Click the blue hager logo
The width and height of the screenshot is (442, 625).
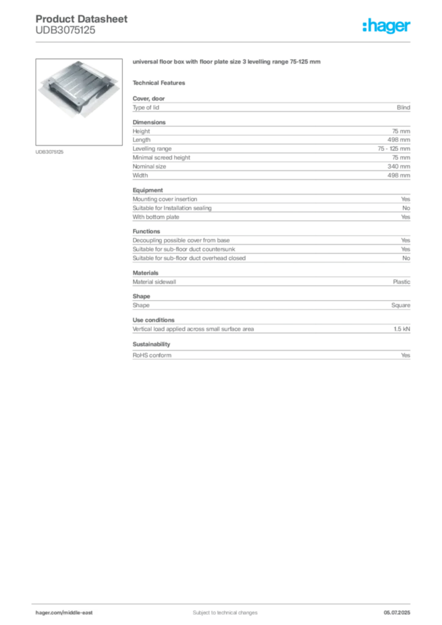388,27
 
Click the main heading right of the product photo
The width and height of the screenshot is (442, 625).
226,62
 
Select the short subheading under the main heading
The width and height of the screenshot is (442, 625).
161,82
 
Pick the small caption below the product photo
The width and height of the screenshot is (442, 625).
51,151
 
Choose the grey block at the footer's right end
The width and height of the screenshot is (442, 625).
400,609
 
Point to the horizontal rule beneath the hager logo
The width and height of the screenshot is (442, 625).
256,41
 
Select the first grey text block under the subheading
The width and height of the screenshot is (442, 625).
271,107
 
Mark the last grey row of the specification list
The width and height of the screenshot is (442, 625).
271,354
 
